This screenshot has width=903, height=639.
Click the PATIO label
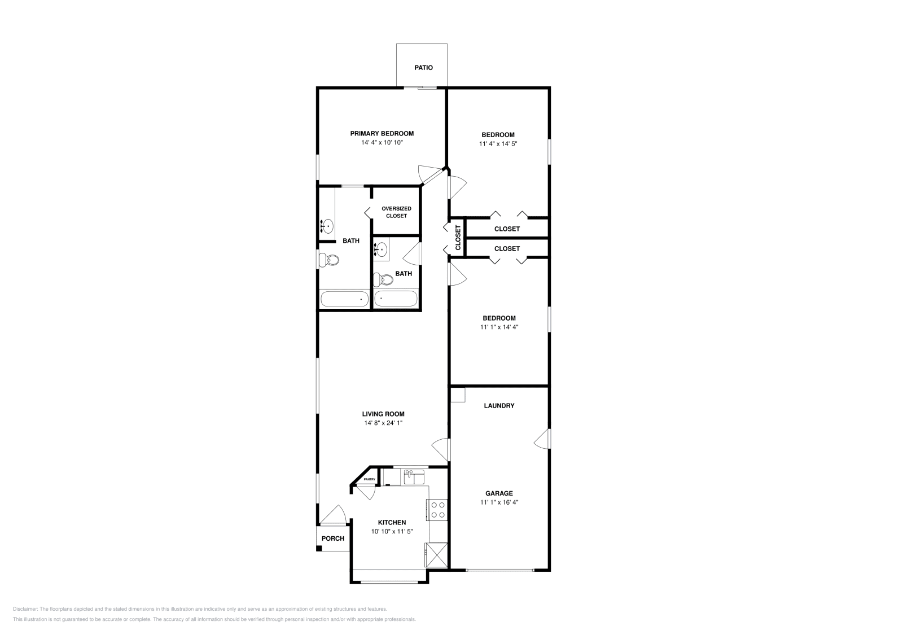[423, 68]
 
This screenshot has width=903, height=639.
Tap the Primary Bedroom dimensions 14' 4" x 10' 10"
[382, 143]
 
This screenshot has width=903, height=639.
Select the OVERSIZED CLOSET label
[396, 212]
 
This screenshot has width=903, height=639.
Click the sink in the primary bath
[327, 226]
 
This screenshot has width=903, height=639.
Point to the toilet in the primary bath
[328, 260]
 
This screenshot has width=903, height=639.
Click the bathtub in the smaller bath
[396, 298]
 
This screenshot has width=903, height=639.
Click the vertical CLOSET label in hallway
[458, 238]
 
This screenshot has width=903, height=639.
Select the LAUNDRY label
[499, 405]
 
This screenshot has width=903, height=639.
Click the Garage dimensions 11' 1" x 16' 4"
[499, 502]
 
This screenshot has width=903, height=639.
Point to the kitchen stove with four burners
[438, 510]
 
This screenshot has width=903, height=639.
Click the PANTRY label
[369, 479]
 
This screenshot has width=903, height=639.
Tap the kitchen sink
[414, 478]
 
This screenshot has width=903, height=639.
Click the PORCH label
[333, 539]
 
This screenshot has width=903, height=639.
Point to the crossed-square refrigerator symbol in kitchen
[437, 554]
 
